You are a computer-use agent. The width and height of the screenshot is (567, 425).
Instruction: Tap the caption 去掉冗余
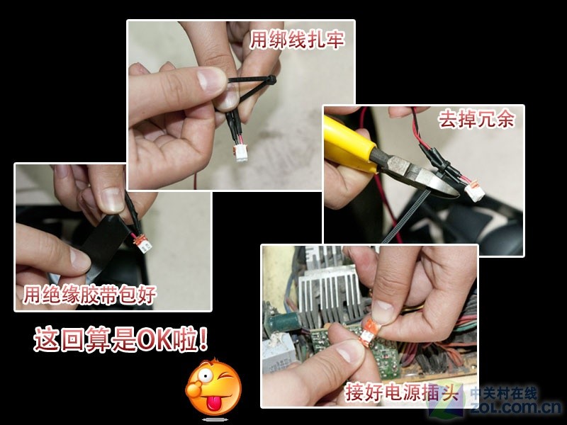coord(476,119)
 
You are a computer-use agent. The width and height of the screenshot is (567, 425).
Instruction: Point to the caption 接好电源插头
coord(401,391)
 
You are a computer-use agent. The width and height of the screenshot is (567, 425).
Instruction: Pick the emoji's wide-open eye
coord(206,375)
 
